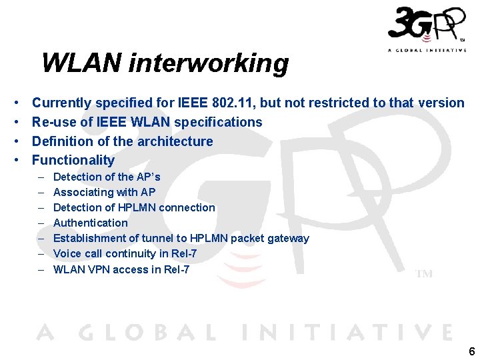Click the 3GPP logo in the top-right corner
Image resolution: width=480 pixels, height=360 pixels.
pos(426,28)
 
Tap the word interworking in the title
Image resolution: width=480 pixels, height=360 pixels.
pos(209,64)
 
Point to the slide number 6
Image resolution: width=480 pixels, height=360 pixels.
pos(471,352)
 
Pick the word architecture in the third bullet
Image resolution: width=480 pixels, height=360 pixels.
pos(177,141)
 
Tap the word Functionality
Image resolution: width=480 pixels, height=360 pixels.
pos(73,160)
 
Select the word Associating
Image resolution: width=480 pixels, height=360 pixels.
pos(83,192)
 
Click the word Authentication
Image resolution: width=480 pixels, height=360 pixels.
pos(90,223)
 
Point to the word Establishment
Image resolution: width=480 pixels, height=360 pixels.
pos(87,238)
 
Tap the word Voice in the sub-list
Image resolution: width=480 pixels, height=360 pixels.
pos(67,253)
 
